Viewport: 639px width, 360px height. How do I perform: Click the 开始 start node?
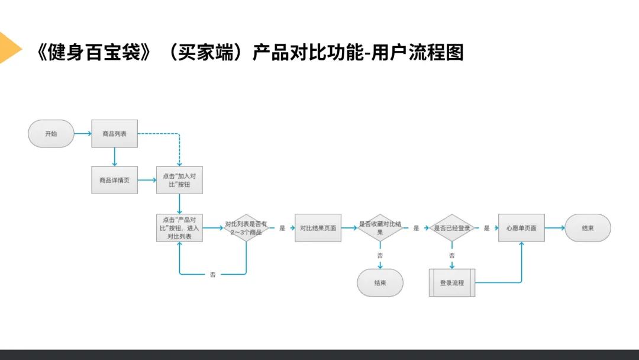[51, 134]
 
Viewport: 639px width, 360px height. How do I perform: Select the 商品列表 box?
[114, 134]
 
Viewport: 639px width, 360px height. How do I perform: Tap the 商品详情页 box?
[114, 180]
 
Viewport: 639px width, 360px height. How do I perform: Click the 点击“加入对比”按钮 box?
[179, 180]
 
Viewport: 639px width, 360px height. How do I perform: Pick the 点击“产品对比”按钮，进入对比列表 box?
[179, 228]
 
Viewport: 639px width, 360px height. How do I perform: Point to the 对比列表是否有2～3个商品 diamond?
[246, 228]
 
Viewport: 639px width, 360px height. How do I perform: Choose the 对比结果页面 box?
[318, 228]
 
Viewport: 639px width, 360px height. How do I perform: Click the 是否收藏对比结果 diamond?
[380, 228]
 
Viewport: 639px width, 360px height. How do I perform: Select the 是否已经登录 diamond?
[451, 228]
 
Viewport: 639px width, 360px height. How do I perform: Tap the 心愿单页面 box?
[521, 228]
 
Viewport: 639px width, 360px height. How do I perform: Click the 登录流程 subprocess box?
[451, 282]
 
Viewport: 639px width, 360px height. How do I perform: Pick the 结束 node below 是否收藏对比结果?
[380, 282]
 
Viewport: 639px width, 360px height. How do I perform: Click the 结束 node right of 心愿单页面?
[588, 228]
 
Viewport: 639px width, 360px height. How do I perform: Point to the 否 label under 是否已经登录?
[451, 256]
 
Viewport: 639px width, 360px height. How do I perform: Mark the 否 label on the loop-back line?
[213, 275]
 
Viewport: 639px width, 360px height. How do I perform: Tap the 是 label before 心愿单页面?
[486, 228]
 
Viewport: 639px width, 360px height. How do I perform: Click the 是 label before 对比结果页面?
[282, 228]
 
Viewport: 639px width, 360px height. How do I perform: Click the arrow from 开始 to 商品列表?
[83, 134]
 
